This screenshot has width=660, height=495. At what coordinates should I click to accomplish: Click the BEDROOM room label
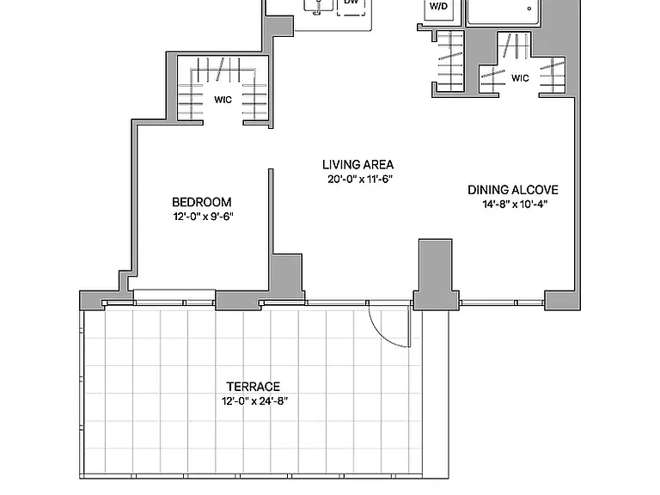pyautogui.click(x=202, y=202)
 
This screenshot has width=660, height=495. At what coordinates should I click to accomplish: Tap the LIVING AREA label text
pyautogui.click(x=358, y=165)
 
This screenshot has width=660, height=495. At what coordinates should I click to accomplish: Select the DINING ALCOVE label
pyautogui.click(x=513, y=190)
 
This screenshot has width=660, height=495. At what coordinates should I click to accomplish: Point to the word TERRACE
pyautogui.click(x=254, y=387)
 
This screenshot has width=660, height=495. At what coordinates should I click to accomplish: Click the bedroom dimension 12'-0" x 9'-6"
pyautogui.click(x=204, y=217)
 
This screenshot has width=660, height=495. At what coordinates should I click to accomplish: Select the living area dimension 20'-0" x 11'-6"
pyautogui.click(x=360, y=179)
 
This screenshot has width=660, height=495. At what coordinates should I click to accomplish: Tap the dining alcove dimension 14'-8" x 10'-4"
pyautogui.click(x=515, y=205)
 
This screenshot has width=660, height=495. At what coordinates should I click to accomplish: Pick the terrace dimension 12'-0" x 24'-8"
pyautogui.click(x=254, y=400)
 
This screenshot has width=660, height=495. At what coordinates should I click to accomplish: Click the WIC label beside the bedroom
pyautogui.click(x=223, y=100)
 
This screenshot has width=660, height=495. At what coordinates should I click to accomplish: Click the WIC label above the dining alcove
pyautogui.click(x=520, y=78)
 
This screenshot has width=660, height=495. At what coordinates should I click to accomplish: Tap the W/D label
pyautogui.click(x=438, y=7)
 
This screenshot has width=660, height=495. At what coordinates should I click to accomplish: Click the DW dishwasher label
pyautogui.click(x=351, y=2)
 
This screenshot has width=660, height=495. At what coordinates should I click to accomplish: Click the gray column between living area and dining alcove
pyautogui.click(x=436, y=273)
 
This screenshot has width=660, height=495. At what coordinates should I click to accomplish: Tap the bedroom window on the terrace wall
pyautogui.click(x=174, y=296)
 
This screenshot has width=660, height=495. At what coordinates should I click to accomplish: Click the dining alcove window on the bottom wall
pyautogui.click(x=502, y=302)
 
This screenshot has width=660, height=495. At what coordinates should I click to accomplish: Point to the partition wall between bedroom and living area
pyautogui.click(x=271, y=229)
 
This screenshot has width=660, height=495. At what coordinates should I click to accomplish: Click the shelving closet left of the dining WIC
pyautogui.click(x=450, y=62)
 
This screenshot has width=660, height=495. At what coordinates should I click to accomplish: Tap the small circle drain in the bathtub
pyautogui.click(x=529, y=8)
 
